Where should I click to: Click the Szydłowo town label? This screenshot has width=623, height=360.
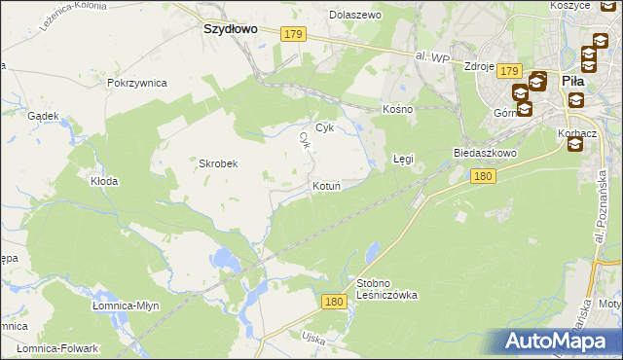pos(230,29)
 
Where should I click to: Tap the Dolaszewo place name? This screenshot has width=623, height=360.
pos(355,16)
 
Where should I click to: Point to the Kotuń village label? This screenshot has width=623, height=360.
pos(326,185)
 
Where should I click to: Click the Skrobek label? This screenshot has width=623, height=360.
pos(219,163)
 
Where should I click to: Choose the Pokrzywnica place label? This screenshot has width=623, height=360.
pos(137,83)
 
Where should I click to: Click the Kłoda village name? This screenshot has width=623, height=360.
pos(104,181)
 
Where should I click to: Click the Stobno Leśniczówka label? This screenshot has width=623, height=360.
pos(386,288)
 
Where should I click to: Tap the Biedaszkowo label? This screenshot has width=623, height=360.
pos(484,154)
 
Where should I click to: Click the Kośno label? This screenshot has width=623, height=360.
pos(398,109)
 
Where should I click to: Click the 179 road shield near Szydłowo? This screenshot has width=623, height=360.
pos(295,34)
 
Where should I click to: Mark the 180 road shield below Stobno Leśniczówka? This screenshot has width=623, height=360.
pos(334,303)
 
